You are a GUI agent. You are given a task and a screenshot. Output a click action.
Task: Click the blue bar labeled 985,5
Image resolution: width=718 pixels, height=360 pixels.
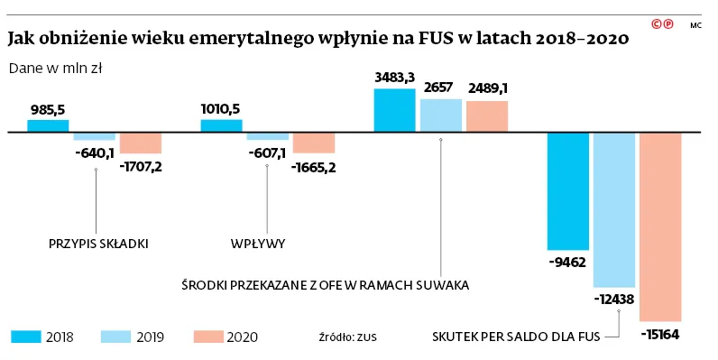click(48, 125)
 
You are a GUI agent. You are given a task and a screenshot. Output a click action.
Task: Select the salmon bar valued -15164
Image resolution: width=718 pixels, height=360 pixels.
click(659, 226)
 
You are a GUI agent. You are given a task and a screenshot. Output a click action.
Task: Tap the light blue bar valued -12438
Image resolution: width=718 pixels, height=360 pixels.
click(615, 208)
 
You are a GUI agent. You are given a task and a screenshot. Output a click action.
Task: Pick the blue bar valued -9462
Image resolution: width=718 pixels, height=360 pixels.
click(569, 190)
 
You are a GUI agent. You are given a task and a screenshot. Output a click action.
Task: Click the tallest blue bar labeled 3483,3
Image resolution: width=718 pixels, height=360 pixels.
click(394, 110)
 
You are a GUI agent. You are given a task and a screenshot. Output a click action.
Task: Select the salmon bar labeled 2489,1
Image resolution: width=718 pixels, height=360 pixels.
click(487, 116)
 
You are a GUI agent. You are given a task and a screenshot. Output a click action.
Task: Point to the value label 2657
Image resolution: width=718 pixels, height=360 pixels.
click(441, 88)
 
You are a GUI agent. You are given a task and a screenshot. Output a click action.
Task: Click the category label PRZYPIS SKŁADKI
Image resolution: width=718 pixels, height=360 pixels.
click(97, 244)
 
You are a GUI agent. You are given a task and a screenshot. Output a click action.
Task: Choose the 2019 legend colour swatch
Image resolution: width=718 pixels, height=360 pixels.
click(117, 337)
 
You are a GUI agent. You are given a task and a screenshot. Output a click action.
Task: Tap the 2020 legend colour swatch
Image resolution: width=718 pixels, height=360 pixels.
click(208, 337)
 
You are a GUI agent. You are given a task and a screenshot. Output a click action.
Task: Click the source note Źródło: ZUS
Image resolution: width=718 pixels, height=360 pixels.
click(347, 337)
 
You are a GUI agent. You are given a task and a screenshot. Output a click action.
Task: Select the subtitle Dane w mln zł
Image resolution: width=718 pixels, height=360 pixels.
click(53, 68)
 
